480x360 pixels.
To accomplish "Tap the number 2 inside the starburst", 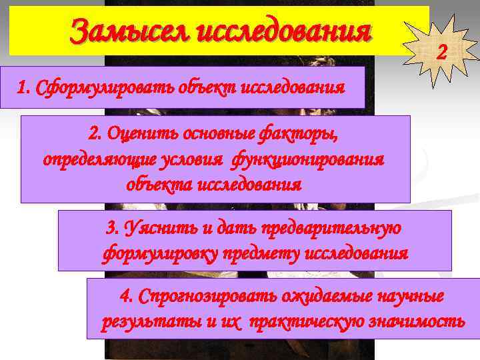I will pyautogui.click(x=441, y=51).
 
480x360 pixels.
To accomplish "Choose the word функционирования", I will pyautogui.click(x=308, y=159).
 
